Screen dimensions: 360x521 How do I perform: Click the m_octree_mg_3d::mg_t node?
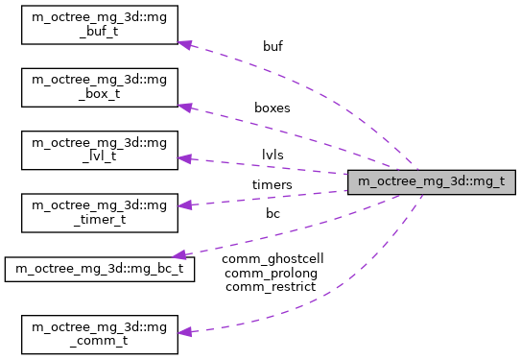432,180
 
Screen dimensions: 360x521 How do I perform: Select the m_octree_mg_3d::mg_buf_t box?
100,31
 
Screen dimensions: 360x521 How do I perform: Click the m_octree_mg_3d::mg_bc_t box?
100,269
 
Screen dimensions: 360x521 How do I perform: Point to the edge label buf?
273,45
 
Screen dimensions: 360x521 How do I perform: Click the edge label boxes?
272,108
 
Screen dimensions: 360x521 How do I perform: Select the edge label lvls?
272,153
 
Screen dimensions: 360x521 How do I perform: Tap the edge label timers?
272,183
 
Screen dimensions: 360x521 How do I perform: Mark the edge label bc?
272,213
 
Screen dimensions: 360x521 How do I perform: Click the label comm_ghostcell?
272,259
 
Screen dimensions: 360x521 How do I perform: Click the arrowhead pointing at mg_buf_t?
186,44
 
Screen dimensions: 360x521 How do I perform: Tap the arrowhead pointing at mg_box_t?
186,107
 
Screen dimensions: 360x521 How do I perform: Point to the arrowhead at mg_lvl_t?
186,159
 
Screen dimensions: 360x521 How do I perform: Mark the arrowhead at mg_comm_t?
186,332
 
